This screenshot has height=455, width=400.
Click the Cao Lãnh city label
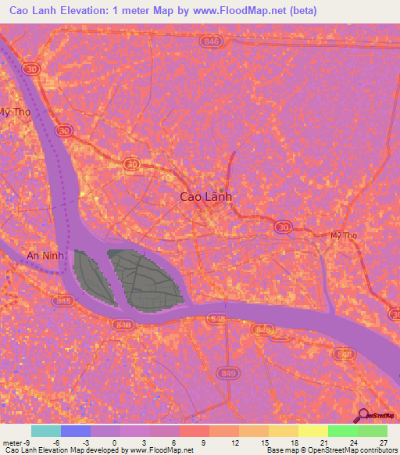coord(205,198)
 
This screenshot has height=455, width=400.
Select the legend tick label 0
coord(116,442)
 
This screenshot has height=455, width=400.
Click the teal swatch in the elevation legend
coord(46,431)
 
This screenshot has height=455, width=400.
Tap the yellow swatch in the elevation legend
coord(313,431)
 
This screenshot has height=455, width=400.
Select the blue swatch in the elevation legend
coord(76,431)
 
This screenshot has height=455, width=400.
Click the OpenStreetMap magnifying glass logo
coord(363,416)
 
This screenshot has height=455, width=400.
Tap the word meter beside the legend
coord(13,442)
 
